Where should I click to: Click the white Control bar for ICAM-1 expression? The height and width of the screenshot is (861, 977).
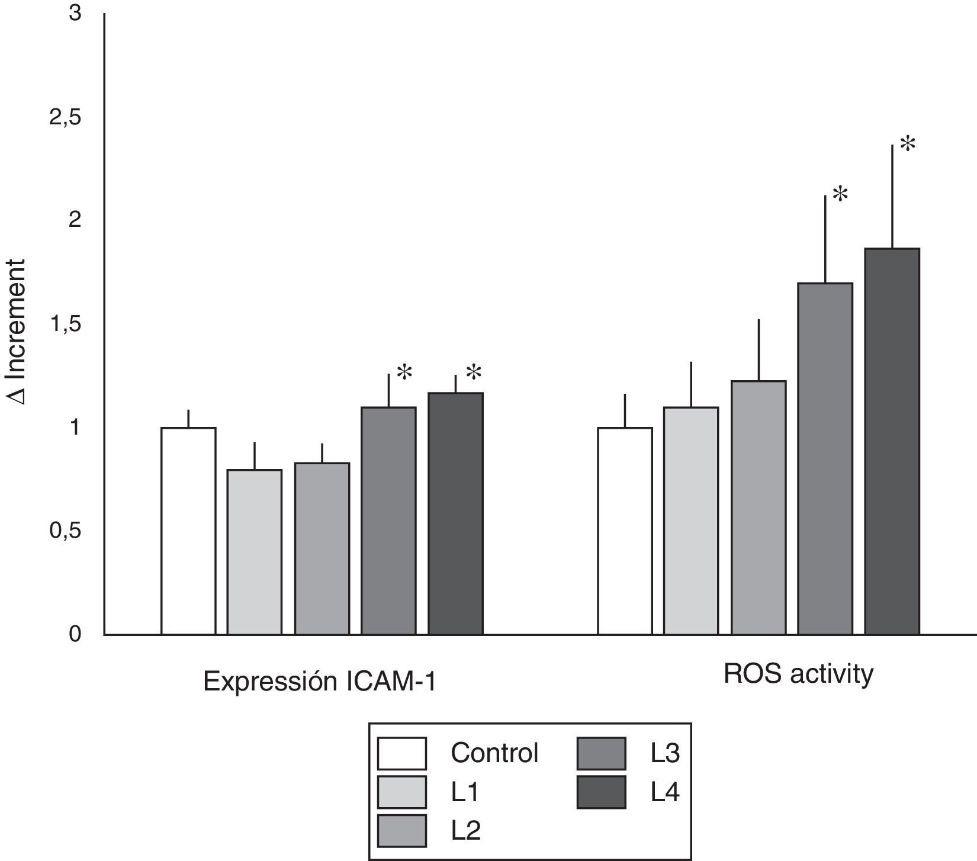pyautogui.click(x=188, y=531)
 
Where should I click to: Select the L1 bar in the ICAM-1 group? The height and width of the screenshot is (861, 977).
pyautogui.click(x=255, y=552)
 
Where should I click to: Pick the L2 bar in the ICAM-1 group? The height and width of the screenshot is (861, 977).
pyautogui.click(x=322, y=548)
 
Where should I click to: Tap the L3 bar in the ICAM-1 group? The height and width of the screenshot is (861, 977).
pyautogui.click(x=388, y=521)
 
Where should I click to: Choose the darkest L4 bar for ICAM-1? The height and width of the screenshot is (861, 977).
pyautogui.click(x=455, y=513)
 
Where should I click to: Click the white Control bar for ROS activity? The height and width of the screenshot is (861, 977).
pyautogui.click(x=625, y=531)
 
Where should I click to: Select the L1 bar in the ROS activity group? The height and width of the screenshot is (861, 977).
pyautogui.click(x=691, y=521)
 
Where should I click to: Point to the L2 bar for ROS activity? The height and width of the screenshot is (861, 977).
pyautogui.click(x=759, y=507)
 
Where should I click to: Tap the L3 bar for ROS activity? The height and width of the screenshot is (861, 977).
pyautogui.click(x=825, y=459)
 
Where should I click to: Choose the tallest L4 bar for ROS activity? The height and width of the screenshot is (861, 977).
pyautogui.click(x=892, y=441)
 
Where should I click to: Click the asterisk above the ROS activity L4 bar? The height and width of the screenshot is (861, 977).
pyautogui.click(x=907, y=144)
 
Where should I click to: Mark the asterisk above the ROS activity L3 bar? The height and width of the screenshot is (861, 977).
pyautogui.click(x=840, y=194)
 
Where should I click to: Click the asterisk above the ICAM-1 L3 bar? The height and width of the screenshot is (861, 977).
pyautogui.click(x=404, y=373)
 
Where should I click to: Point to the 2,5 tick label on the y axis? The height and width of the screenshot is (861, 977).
pyautogui.click(x=65, y=118)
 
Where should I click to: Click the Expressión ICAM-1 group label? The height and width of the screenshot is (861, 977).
pyautogui.click(x=320, y=682)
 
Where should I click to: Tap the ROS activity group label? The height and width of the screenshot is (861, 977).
pyautogui.click(x=798, y=674)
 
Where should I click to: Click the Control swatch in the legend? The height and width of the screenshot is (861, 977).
pyautogui.click(x=402, y=753)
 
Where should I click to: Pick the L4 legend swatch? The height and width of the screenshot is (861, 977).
pyautogui.click(x=601, y=792)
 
